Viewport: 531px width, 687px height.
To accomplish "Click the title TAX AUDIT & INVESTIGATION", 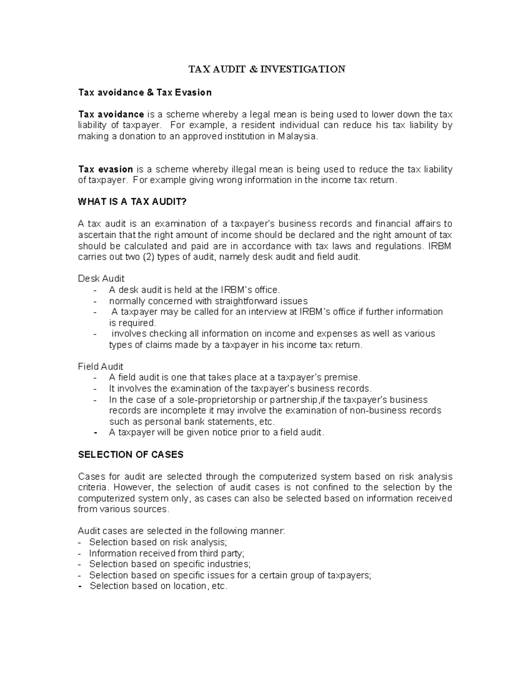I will tap(267, 69).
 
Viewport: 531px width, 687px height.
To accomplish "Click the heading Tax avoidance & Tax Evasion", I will tap(145, 92).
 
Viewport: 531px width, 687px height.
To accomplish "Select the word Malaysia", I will tap(297, 136).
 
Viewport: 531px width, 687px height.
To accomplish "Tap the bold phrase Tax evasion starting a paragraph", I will tap(105, 169).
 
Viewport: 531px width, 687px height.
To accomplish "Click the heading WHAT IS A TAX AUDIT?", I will tap(132, 202).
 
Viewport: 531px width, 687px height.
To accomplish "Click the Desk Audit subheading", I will tap(101, 279).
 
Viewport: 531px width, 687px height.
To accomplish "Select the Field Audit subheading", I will tap(100, 367).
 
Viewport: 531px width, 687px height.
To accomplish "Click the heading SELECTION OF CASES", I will tap(131, 455).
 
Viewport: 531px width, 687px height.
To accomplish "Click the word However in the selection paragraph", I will tap(132, 487).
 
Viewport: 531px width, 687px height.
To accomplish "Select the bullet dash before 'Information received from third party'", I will tap(80, 553).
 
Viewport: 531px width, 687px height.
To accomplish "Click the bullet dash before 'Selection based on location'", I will tap(80, 586).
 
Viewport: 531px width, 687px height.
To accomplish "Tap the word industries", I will tap(227, 564).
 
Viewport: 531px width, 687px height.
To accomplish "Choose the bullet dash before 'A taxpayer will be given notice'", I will tap(96, 433).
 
